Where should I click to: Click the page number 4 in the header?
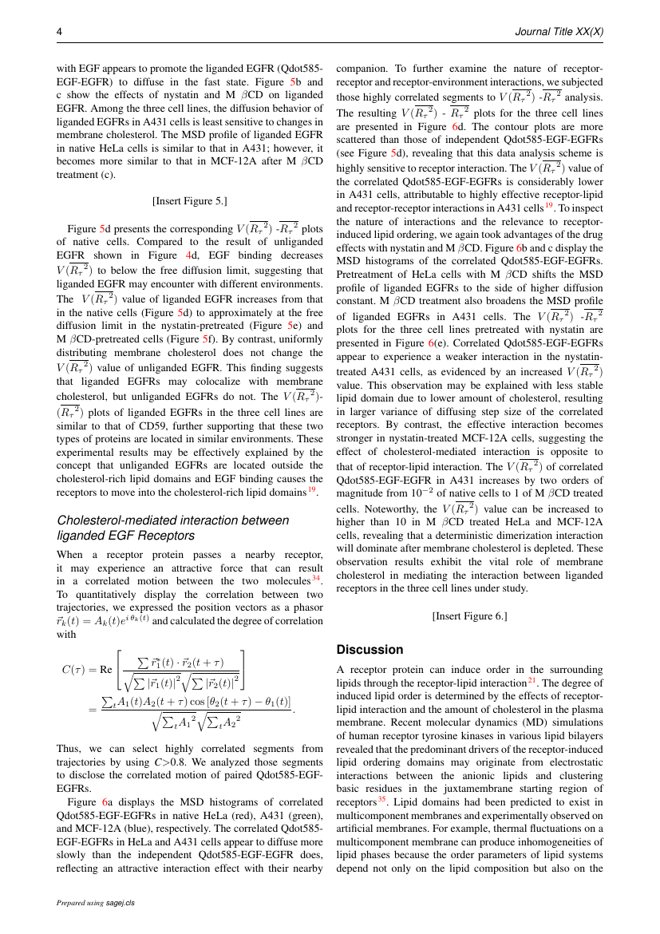click(x=59, y=31)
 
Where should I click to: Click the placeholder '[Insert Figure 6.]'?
click(x=470, y=615)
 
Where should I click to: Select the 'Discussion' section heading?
click(x=370, y=649)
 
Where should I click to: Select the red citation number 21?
click(x=532, y=680)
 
